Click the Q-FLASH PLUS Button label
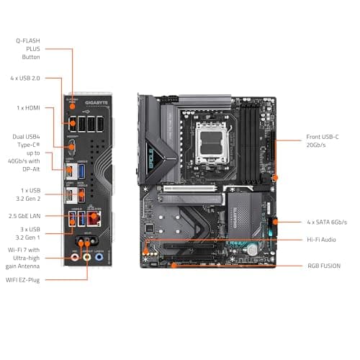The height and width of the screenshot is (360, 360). coord(30,48)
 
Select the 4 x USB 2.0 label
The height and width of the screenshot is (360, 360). coord(30,78)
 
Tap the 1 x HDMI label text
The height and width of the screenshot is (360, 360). coord(30,108)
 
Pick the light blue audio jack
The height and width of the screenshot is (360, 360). coord(99,254)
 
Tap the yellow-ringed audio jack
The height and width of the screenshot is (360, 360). coord(86,254)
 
